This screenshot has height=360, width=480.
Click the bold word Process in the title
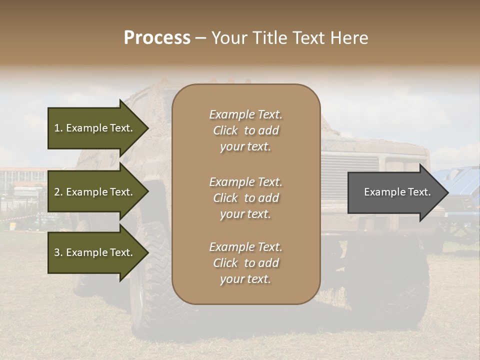[157, 38]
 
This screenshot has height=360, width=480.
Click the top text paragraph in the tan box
[245, 130]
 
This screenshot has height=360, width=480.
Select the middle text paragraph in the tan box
[245, 198]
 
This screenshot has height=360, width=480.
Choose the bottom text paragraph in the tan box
[245, 263]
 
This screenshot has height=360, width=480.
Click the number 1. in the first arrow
[58, 128]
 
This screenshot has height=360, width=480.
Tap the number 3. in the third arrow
[58, 252]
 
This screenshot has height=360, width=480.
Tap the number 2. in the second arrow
[58, 192]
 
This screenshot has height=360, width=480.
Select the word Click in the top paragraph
[225, 130]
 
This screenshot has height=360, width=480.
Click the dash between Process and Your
[200, 38]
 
